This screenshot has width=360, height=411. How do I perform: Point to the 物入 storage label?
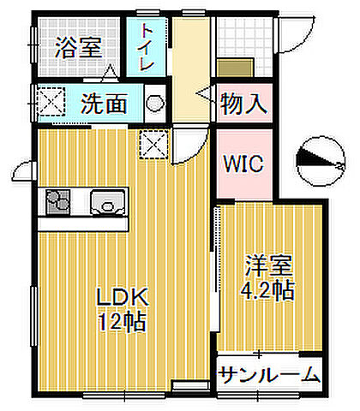244,104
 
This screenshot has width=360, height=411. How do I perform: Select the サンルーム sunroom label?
269,374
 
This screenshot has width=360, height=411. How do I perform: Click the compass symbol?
319,158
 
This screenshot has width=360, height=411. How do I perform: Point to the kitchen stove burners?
59,205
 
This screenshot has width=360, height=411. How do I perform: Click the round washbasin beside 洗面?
154,104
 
